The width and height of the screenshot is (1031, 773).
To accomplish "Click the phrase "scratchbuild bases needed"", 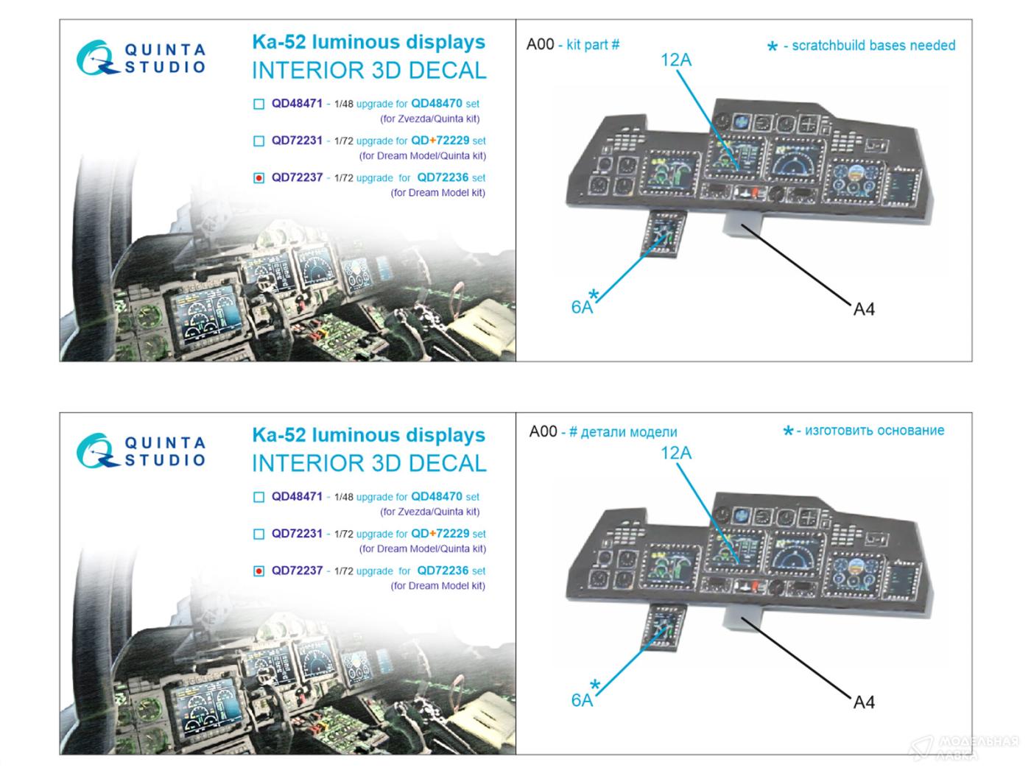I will pyautogui.click(x=873, y=46).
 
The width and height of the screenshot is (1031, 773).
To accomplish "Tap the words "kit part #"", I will pyautogui.click(x=593, y=45).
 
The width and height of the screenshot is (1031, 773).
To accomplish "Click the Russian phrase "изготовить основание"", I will pyautogui.click(x=874, y=431).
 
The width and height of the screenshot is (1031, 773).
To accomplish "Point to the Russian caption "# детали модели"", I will pyautogui.click(x=623, y=432).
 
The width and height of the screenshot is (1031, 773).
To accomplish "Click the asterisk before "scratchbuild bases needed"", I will pyautogui.click(x=772, y=48).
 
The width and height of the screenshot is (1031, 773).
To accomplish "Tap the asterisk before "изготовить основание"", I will pyautogui.click(x=788, y=432).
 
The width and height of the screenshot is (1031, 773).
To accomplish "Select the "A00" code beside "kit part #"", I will pyautogui.click(x=540, y=44).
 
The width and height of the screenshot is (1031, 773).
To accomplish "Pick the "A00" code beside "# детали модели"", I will pyautogui.click(x=543, y=431).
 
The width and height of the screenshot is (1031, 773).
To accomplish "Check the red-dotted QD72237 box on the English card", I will pyautogui.click(x=258, y=178).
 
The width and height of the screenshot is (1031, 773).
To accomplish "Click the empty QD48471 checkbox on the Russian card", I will pyautogui.click(x=258, y=498).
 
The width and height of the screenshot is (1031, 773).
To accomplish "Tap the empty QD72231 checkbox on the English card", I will pyautogui.click(x=258, y=141).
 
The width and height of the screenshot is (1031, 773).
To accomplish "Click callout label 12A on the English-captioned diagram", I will pyautogui.click(x=676, y=60).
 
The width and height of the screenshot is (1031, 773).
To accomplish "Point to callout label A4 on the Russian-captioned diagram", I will pyautogui.click(x=864, y=702).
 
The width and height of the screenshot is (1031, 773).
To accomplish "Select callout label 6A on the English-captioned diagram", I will pyautogui.click(x=582, y=308).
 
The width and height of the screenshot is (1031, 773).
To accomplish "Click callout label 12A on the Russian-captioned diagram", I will pyautogui.click(x=676, y=453).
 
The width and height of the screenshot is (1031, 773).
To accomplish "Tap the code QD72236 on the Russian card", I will pyautogui.click(x=443, y=571).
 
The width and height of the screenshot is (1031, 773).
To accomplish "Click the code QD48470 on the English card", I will pyautogui.click(x=437, y=104).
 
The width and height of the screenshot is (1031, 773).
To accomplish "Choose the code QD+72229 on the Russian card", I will pyautogui.click(x=440, y=534).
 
